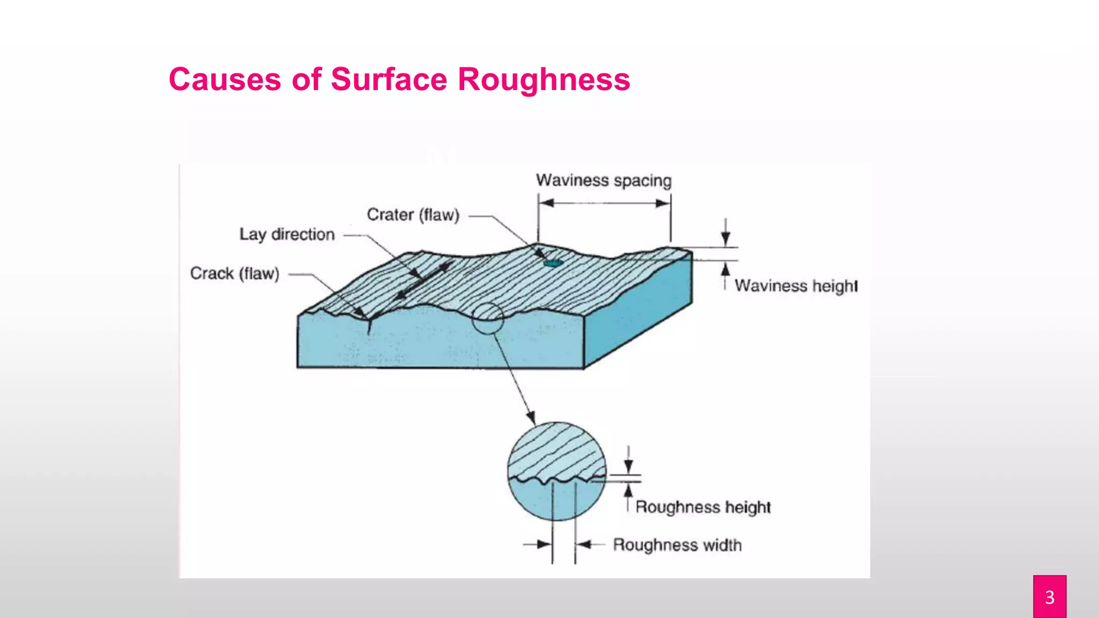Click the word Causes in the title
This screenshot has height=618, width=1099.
pyautogui.click(x=225, y=79)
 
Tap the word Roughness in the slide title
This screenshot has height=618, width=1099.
pyautogui.click(x=544, y=79)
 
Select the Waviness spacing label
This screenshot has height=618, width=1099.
pyautogui.click(x=604, y=180)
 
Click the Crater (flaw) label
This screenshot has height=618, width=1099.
pyautogui.click(x=413, y=215)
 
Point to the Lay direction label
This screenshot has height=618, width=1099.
pyautogui.click(x=287, y=234)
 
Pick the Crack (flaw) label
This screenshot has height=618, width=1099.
pyautogui.click(x=235, y=274)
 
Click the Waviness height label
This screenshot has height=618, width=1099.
pyautogui.click(x=796, y=285)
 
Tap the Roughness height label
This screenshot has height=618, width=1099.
pyautogui.click(x=703, y=507)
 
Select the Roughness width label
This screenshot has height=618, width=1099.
pyautogui.click(x=677, y=545)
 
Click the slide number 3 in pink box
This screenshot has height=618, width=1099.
pyautogui.click(x=1050, y=597)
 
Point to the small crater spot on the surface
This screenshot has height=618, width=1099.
pyautogui.click(x=553, y=263)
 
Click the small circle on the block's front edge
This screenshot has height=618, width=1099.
pyautogui.click(x=487, y=318)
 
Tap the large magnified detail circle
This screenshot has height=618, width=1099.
pyautogui.click(x=556, y=471)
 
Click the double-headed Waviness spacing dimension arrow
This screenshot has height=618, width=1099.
pyautogui.click(x=604, y=203)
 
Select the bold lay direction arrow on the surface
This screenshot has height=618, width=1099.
pyautogui.click(x=424, y=280)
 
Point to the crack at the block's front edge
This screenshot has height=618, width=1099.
pyautogui.click(x=369, y=325)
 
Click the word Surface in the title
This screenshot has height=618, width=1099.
pyautogui.click(x=389, y=79)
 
